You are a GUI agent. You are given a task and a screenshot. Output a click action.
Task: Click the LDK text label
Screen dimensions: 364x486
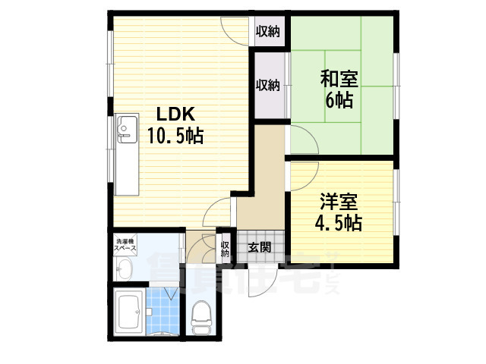[x=176, y=115]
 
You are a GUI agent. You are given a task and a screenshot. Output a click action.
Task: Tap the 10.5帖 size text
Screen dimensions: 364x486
[x=174, y=136]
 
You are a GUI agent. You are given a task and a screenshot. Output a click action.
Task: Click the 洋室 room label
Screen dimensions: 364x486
[x=338, y=202]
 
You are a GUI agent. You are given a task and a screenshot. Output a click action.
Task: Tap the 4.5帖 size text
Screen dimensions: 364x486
[x=338, y=223]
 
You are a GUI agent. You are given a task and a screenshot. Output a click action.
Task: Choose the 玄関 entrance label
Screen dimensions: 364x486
[x=259, y=246]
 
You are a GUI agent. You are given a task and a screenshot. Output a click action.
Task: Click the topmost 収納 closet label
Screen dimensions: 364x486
[x=267, y=31]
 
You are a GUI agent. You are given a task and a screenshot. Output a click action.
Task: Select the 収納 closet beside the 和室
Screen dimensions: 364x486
[x=267, y=85]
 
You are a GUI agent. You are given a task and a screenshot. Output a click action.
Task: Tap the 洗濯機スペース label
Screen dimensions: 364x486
[x=126, y=245]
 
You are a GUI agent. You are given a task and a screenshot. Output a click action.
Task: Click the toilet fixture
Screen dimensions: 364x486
[x=201, y=317]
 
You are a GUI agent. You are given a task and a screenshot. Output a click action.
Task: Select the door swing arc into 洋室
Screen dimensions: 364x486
[x=301, y=171]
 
